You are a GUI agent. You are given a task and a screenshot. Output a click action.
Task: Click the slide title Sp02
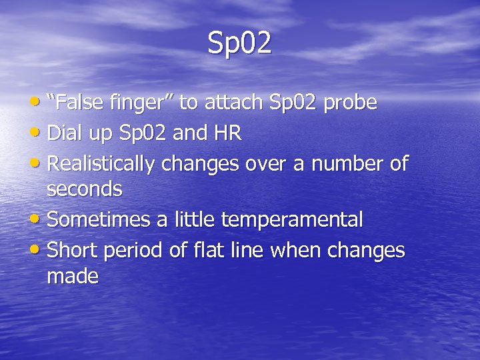(239, 43)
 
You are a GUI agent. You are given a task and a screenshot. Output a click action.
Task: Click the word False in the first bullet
(81, 103)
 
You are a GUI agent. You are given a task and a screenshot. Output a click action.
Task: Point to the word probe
(351, 104)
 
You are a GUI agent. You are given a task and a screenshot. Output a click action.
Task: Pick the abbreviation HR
(227, 133)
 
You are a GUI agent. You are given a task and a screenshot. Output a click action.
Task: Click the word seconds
(85, 189)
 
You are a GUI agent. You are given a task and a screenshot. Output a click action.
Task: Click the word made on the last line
(73, 276)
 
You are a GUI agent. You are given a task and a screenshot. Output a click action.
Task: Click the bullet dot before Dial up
(39, 133)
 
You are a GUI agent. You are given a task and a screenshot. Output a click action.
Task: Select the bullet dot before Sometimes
(39, 219)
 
